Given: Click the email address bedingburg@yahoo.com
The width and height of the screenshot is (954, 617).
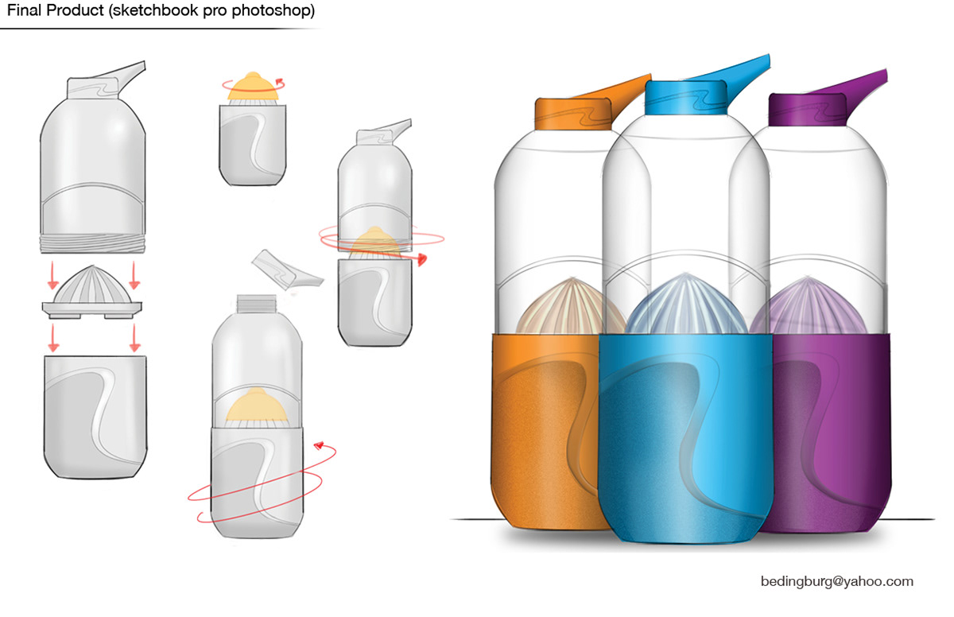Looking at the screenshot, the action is coord(837,582).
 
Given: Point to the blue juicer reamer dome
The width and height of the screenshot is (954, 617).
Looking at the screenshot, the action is coord(685,305).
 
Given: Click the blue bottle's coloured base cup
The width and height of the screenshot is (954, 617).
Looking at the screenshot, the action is coord(685,439).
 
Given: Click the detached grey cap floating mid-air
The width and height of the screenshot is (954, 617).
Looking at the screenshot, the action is coord(288,270).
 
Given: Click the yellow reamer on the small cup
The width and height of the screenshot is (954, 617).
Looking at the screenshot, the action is coord(253,87).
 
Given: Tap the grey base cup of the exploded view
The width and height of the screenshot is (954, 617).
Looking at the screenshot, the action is coord(95,417).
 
